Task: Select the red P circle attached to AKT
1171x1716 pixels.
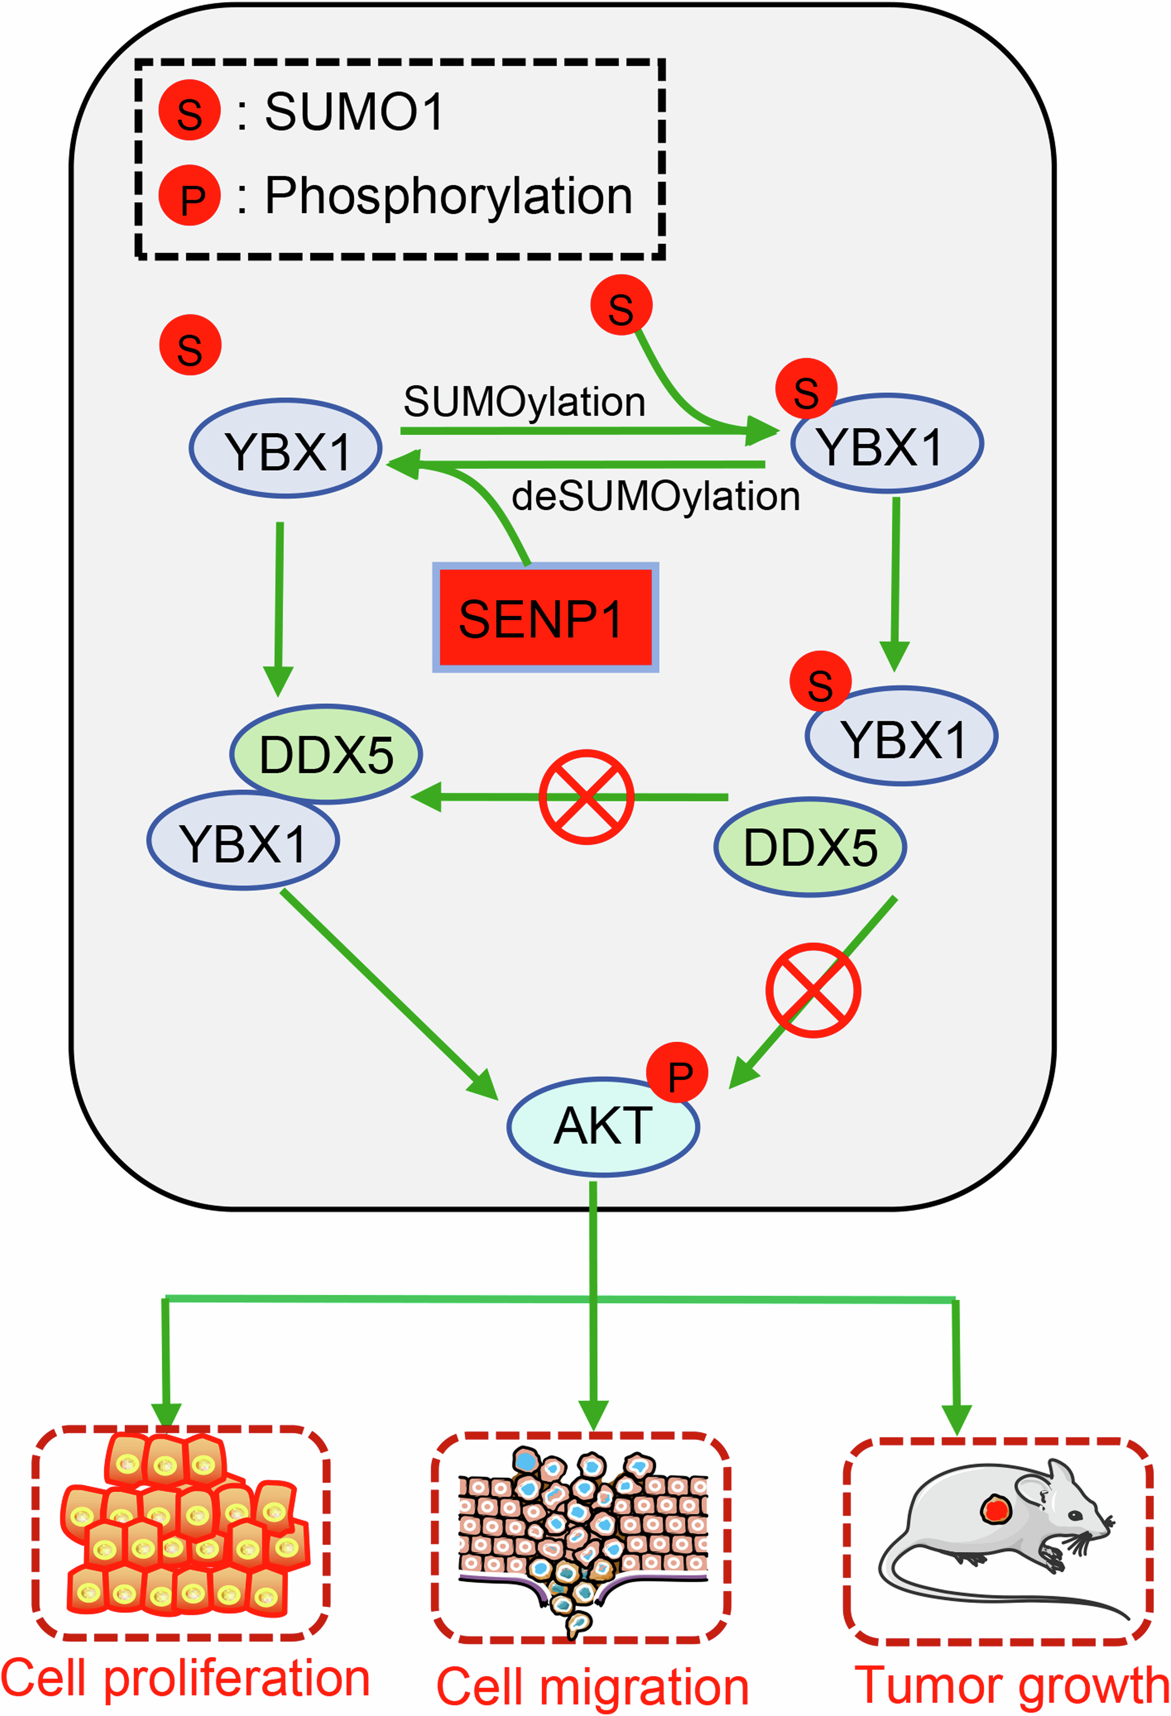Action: pyautogui.click(x=677, y=1073)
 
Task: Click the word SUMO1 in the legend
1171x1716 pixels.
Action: pyautogui.click(x=353, y=112)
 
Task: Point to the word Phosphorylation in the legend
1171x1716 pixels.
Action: pyautogui.click(x=449, y=196)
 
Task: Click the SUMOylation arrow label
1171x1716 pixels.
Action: pyautogui.click(x=524, y=403)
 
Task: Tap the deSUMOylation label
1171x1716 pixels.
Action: pyautogui.click(x=655, y=496)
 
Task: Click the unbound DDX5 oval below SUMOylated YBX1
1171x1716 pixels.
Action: pyautogui.click(x=810, y=847)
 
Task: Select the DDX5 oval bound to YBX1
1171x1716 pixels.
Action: pyautogui.click(x=326, y=754)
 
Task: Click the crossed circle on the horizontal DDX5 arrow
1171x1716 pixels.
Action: pyautogui.click(x=586, y=797)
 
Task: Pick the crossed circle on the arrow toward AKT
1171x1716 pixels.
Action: pyautogui.click(x=812, y=990)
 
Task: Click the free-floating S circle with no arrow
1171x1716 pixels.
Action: pyautogui.click(x=190, y=346)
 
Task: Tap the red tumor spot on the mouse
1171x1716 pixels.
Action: pyautogui.click(x=995, y=1508)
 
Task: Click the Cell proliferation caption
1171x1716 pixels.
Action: pyautogui.click(x=185, y=1679)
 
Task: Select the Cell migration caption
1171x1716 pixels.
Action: pyautogui.click(x=593, y=1687)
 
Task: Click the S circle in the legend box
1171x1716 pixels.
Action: pyautogui.click(x=189, y=111)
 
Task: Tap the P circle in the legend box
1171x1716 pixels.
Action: pyautogui.click(x=189, y=196)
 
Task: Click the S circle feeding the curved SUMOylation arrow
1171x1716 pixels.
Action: pyautogui.click(x=621, y=305)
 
